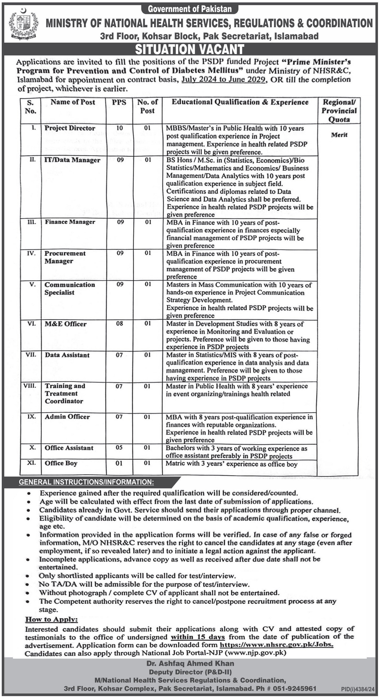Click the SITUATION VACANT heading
click(190, 50)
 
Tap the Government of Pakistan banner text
click(190, 9)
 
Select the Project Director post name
click(70, 128)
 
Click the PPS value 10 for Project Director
click(119, 128)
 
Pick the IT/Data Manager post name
click(72, 160)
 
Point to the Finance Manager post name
click(70, 222)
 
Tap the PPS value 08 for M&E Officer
click(119, 324)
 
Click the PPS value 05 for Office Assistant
click(119, 447)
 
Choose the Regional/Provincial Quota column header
click(339, 111)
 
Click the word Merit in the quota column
click(339, 135)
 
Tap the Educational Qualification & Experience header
click(240, 102)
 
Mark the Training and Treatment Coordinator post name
click(65, 393)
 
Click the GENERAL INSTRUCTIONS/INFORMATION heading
click(86, 482)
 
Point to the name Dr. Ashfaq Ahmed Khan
click(190, 663)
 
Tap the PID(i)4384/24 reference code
click(358, 689)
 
